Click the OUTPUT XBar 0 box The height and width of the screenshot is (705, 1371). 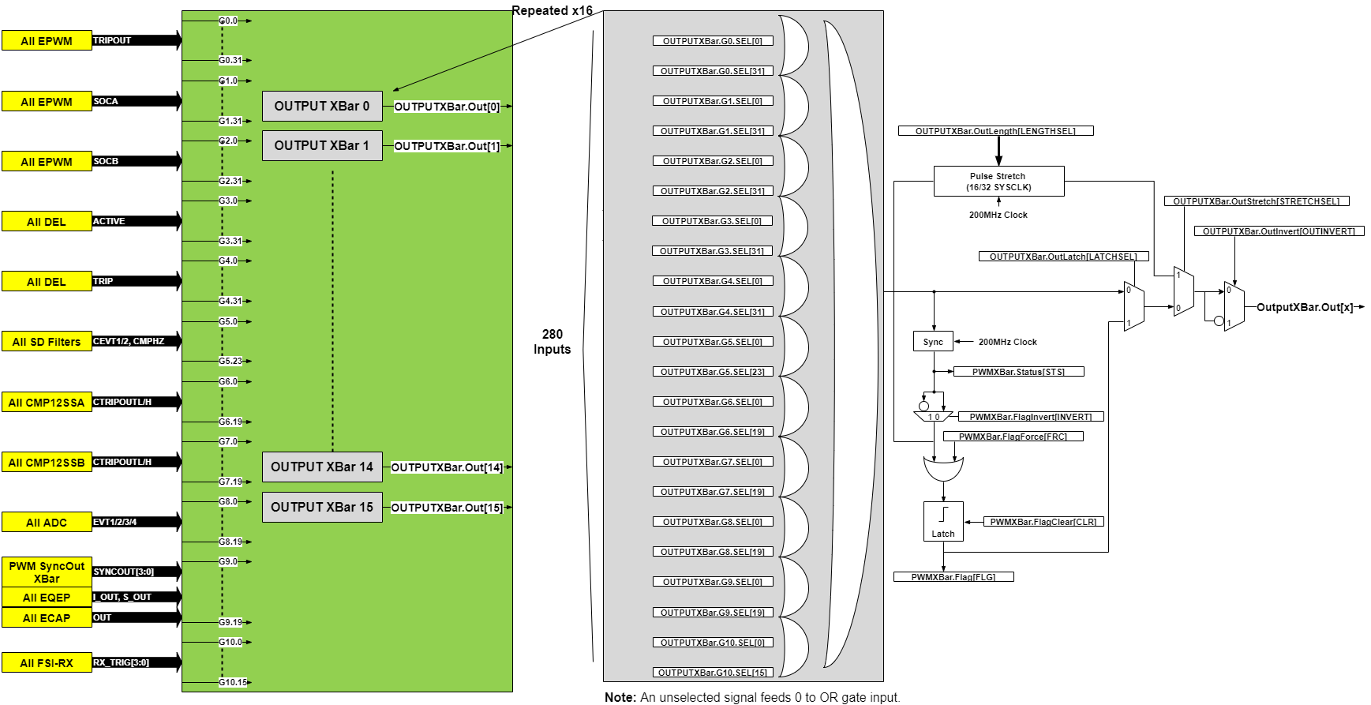[x=322, y=106]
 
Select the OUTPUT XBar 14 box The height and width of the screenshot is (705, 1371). [x=322, y=467]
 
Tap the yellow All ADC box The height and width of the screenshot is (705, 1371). [x=47, y=523]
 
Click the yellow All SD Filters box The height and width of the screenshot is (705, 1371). [x=47, y=342]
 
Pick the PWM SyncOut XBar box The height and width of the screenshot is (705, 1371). [x=47, y=572]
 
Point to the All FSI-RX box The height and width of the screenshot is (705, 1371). [x=47, y=663]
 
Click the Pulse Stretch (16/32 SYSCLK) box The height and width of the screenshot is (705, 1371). [x=998, y=182]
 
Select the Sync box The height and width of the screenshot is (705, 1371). [x=933, y=342]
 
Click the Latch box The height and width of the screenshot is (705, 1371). [x=943, y=521]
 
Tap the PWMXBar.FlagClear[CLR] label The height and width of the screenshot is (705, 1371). [x=1043, y=522]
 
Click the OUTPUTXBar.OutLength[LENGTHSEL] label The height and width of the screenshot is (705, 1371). [x=995, y=131]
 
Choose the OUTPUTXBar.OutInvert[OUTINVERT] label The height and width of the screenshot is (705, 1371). [x=1279, y=231]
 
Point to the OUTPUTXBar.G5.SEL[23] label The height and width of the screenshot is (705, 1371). [x=712, y=372]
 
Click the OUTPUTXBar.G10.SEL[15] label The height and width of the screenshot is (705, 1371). [x=712, y=673]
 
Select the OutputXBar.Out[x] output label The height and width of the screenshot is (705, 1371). [x=1304, y=307]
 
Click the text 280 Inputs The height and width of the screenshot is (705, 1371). [x=552, y=342]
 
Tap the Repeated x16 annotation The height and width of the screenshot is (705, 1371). [x=552, y=10]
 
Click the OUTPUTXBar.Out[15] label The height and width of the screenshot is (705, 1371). [x=447, y=508]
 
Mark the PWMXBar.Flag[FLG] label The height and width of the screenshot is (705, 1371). [x=953, y=577]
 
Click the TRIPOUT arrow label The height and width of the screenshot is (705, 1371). [x=112, y=40]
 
